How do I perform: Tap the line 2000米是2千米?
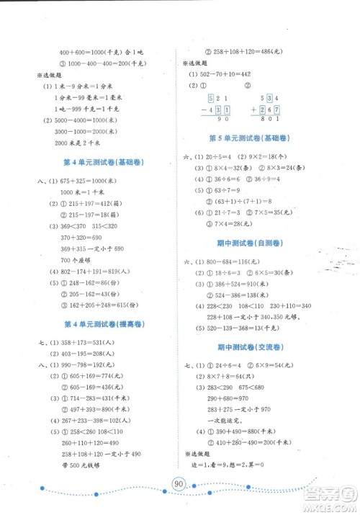tap(81, 144)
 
